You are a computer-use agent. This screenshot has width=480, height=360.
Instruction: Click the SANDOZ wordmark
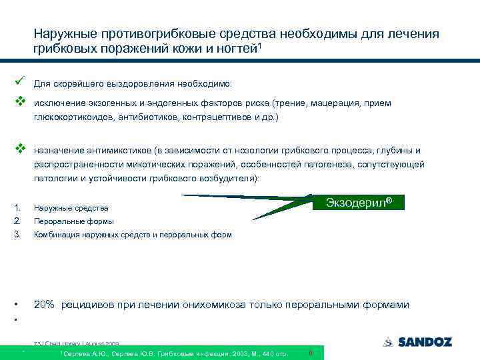(425, 342)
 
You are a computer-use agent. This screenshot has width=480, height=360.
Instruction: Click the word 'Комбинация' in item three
(55, 235)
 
